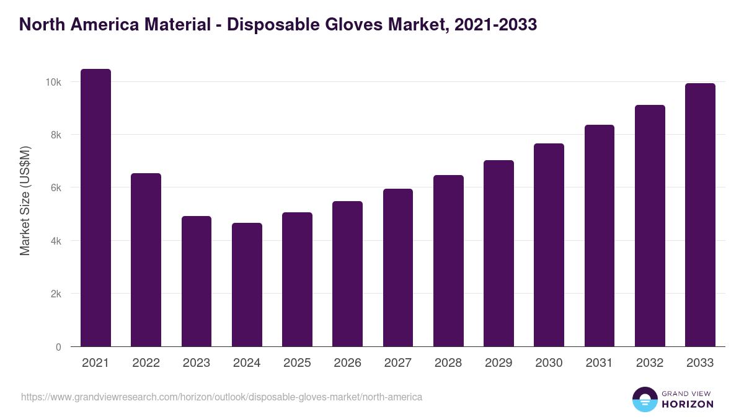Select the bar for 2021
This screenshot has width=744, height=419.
tap(95, 208)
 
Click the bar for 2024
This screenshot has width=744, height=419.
tap(247, 285)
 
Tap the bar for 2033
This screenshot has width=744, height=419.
tap(700, 215)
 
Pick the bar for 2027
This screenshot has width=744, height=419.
tap(398, 268)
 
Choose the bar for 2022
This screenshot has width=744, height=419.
tap(146, 260)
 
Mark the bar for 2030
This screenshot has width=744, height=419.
tap(549, 245)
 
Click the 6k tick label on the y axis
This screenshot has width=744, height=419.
tap(55, 188)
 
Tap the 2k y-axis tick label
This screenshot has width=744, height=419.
tap(55, 294)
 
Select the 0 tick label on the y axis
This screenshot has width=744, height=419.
tap(58, 347)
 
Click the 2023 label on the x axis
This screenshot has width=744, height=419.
tap(196, 363)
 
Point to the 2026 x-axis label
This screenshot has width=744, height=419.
tap(347, 363)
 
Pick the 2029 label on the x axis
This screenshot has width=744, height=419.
tap(498, 363)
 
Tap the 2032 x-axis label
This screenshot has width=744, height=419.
tap(650, 363)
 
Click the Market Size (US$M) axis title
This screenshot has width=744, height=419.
tap(25, 200)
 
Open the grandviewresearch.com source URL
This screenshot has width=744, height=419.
tap(221, 397)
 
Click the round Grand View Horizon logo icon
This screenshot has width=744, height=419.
tap(644, 399)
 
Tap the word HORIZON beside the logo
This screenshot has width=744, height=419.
tap(688, 404)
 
